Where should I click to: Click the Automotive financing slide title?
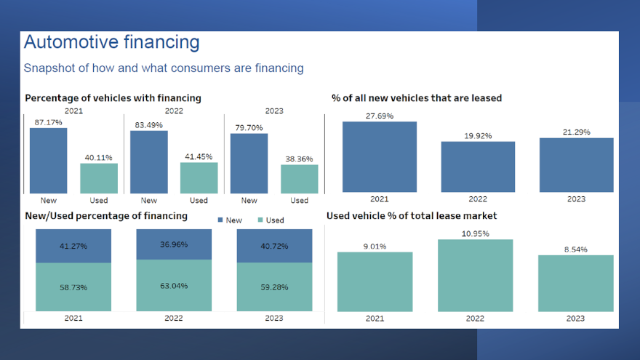pos(111,42)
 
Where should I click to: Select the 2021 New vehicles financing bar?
pos(48,160)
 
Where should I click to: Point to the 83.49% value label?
pos(148,124)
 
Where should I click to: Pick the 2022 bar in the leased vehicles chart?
pos(478,167)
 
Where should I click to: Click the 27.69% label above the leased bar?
pos(380,116)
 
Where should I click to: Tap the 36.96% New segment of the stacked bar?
pos(174,244)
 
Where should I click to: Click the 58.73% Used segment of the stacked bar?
pos(73,287)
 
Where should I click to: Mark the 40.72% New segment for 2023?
pos(273,246)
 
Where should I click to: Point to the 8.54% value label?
pos(575,249)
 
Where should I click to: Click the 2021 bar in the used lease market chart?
pos(375,282)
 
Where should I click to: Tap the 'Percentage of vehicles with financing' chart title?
pos(113,97)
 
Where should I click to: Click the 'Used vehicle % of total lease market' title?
pos(412,216)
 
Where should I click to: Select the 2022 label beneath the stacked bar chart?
pos(174,318)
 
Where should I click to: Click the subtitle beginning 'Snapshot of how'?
pos(164,68)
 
